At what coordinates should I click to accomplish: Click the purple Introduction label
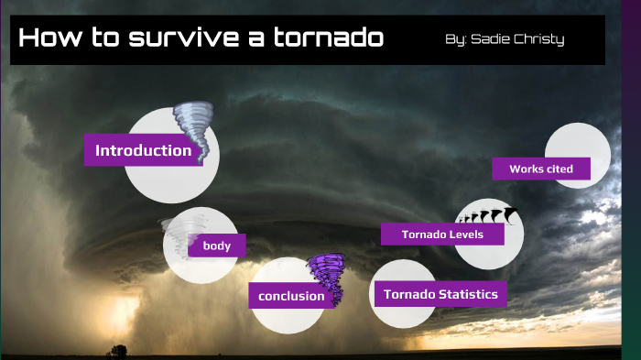tap(143, 150)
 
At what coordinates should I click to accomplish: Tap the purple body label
tap(217, 245)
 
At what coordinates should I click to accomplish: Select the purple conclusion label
tap(291, 295)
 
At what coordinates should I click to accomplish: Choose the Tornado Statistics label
tap(440, 294)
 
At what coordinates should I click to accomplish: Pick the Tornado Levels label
tap(443, 235)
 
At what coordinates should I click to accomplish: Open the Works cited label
tap(541, 169)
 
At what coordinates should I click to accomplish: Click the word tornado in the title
tap(328, 39)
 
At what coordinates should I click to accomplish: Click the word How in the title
tap(51, 39)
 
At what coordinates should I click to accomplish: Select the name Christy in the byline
tap(541, 39)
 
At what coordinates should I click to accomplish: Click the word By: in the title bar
tap(455, 39)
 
